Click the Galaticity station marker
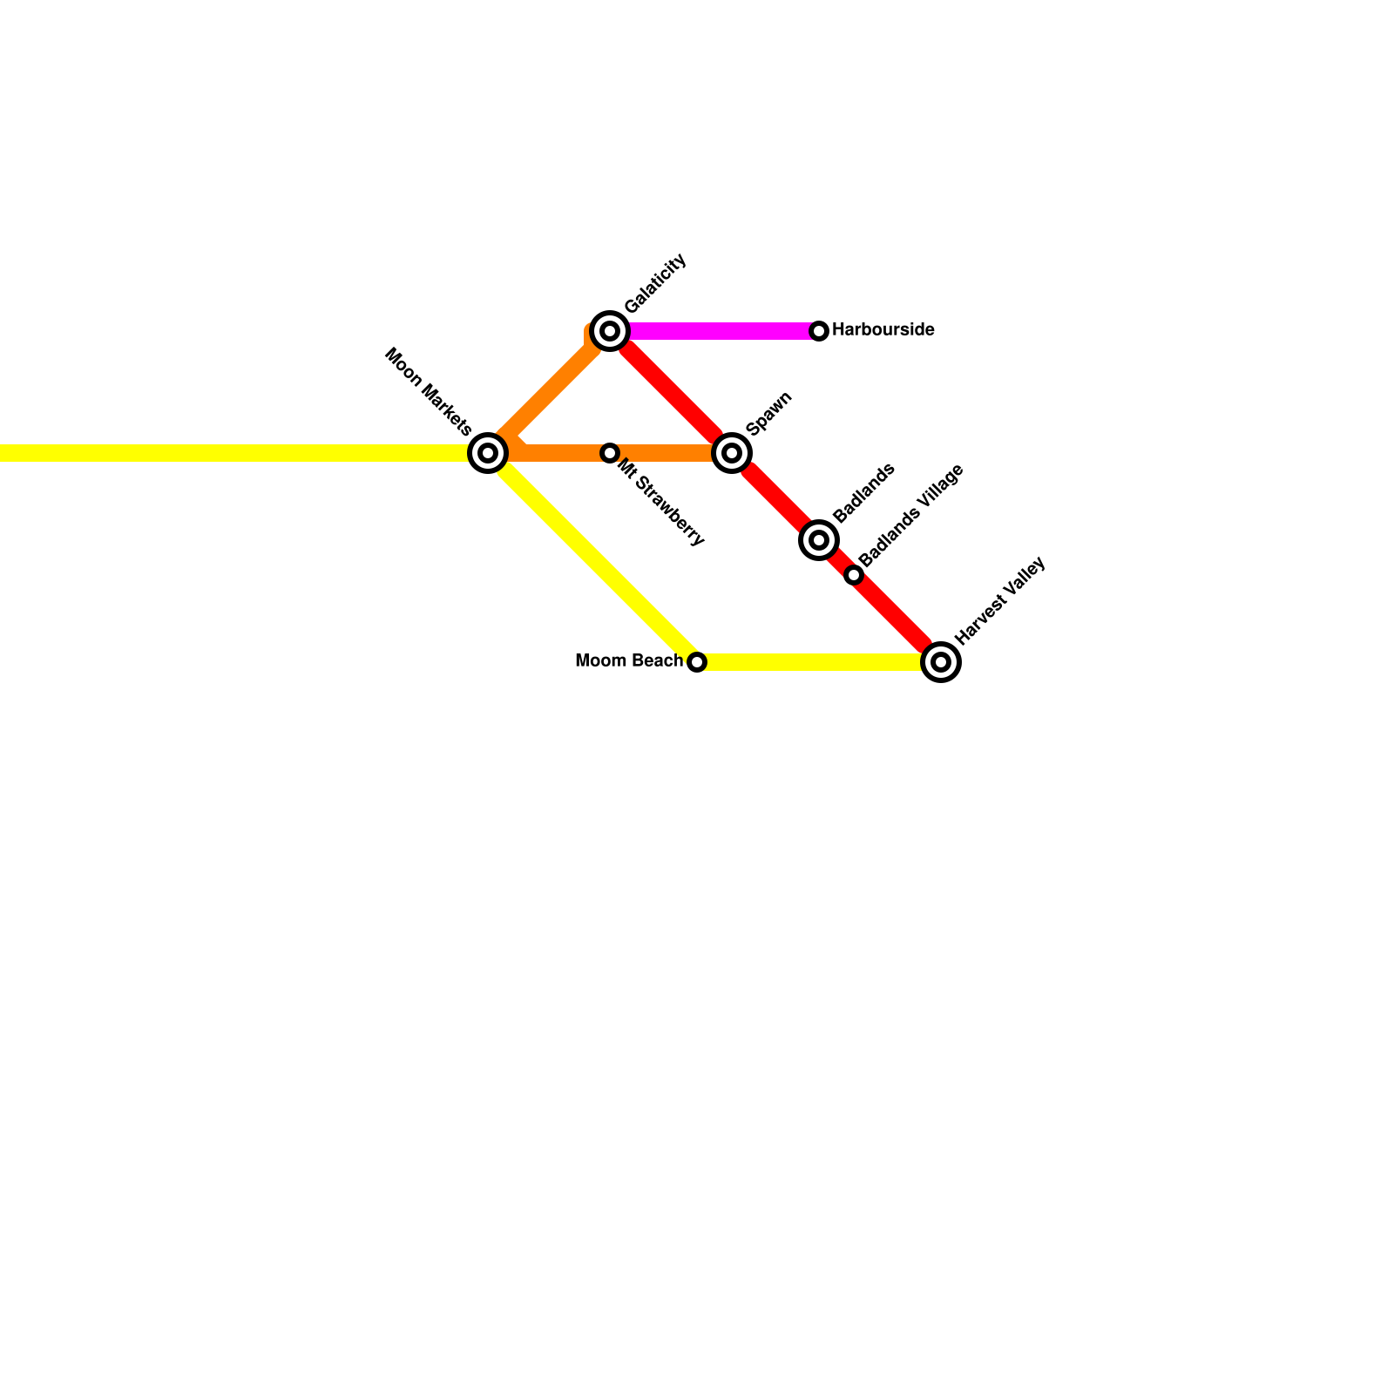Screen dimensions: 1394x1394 coord(610,331)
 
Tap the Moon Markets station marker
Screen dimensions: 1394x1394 coord(488,453)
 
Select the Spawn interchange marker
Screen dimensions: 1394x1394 coord(732,453)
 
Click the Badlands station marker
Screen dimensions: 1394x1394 coord(819,540)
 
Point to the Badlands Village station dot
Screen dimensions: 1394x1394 coord(854,575)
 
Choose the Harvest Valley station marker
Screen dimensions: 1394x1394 coord(941,662)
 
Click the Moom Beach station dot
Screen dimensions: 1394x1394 coord(697,662)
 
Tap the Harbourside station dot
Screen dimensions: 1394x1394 coord(819,331)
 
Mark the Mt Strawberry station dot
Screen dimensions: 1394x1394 coord(610,453)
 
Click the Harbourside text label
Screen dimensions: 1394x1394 coord(883,330)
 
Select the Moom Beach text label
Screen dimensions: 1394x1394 coord(628,661)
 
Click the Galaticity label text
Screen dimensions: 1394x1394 coord(656,283)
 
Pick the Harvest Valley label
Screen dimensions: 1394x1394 coord(999,601)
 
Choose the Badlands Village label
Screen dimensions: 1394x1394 coord(911,515)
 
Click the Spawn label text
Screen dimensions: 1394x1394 coord(769,413)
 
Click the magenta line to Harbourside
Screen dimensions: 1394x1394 coord(723,331)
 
